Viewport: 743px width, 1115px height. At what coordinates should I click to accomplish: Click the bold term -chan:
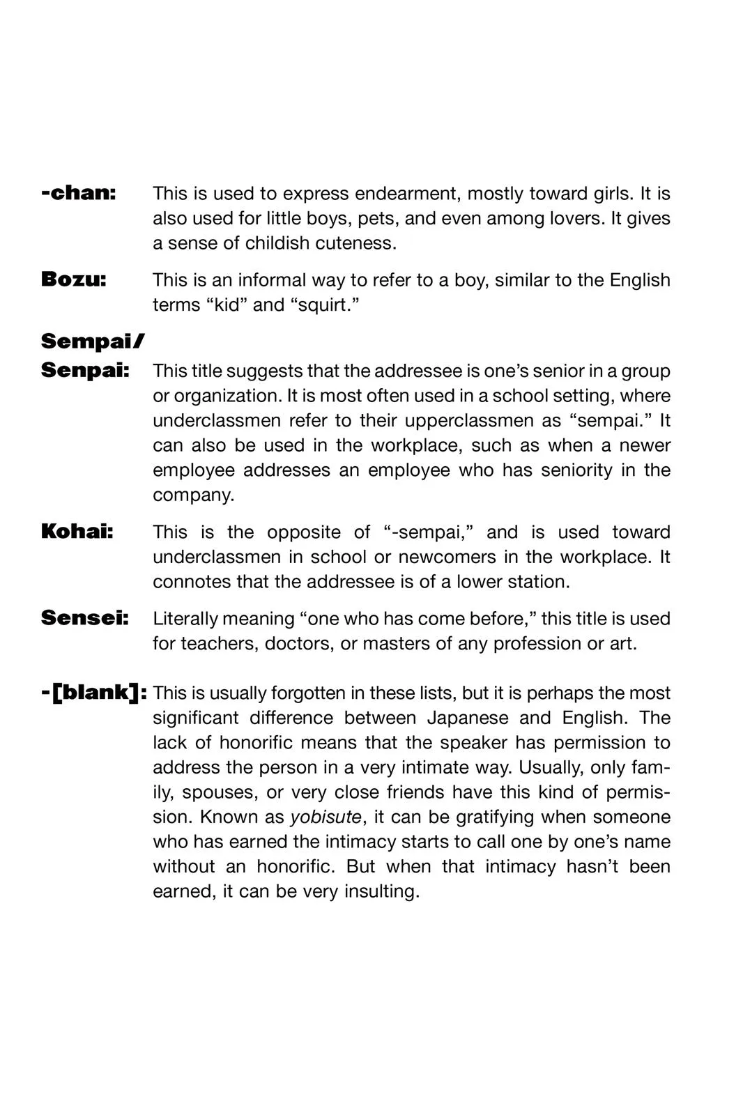point(79,193)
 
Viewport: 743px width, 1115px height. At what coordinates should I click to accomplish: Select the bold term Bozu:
point(74,279)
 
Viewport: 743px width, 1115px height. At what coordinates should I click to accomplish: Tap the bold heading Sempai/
point(93,341)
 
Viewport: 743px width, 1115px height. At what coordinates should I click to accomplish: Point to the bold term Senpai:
point(85,371)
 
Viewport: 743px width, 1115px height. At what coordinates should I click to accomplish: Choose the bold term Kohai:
point(77,532)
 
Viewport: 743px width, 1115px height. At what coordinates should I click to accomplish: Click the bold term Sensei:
point(85,618)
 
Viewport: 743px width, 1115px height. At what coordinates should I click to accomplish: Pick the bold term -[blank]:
point(94,693)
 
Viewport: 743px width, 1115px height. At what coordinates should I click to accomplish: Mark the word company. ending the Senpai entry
point(194,495)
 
